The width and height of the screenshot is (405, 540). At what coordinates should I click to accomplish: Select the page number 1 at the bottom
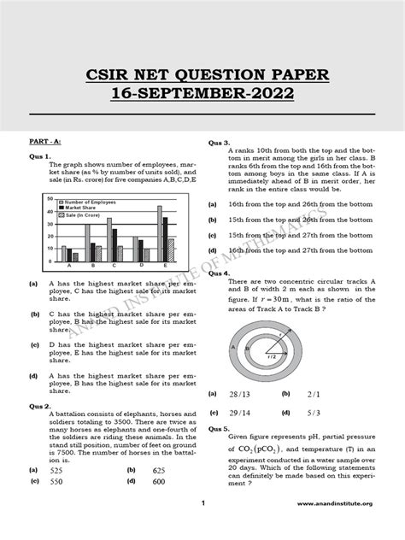(202, 526)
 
